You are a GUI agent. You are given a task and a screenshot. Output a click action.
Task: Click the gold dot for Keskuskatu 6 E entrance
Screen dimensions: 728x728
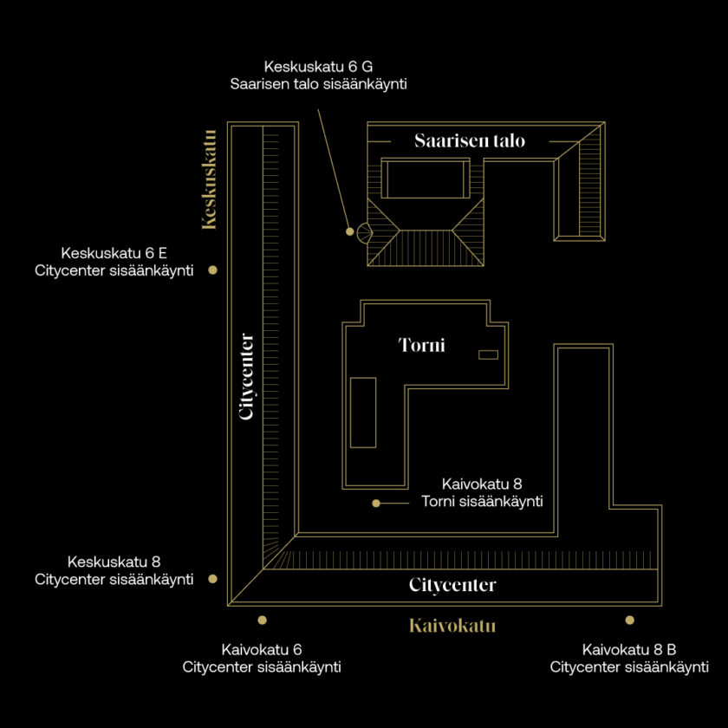point(212,270)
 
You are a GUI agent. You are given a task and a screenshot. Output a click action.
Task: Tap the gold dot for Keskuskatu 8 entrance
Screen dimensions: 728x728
point(212,579)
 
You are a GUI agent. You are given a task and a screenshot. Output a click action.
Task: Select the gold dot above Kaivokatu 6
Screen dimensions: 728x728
point(263,620)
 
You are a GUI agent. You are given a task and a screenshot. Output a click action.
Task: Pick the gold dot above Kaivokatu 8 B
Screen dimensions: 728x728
point(629,620)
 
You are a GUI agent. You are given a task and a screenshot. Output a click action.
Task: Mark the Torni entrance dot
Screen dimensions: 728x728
point(376,504)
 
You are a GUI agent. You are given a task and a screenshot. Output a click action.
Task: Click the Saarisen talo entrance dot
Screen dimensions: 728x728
point(349,231)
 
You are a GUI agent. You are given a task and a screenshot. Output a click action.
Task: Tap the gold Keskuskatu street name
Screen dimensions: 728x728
point(209,179)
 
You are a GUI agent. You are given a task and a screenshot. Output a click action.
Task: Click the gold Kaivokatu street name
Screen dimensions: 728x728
point(452,626)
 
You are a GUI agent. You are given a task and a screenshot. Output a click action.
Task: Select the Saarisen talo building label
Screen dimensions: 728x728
point(470,140)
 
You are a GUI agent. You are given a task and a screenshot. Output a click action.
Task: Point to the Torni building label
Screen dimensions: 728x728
point(421,345)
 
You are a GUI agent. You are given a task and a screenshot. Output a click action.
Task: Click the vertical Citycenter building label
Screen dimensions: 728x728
point(246,376)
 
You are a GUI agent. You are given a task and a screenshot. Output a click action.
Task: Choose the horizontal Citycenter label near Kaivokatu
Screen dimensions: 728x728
point(452,584)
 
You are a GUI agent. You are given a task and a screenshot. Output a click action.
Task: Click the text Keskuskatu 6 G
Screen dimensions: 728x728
point(318,67)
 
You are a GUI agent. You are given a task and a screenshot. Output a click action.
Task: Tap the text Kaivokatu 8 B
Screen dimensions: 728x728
point(629,649)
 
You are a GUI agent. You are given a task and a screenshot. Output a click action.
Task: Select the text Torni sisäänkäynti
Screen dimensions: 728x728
point(482,502)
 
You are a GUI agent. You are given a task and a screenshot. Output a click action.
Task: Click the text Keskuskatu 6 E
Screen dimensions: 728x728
point(114,253)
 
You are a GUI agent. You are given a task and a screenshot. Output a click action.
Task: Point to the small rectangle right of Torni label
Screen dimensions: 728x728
point(489,354)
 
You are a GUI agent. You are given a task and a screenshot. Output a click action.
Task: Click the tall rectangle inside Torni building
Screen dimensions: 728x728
point(363,413)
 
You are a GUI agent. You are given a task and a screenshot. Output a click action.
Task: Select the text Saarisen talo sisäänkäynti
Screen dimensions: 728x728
point(319,84)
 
